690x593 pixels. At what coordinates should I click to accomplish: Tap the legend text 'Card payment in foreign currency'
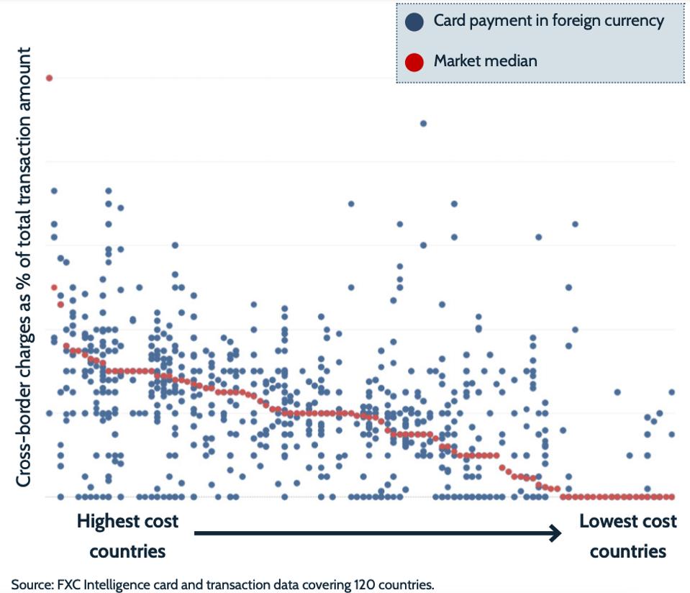(548, 21)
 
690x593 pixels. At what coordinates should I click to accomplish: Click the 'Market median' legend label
(485, 61)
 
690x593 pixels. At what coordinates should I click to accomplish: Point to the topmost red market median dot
(49, 78)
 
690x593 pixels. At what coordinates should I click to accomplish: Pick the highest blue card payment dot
(423, 123)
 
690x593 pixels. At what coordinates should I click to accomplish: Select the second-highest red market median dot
(54, 288)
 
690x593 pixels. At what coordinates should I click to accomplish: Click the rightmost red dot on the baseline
(671, 497)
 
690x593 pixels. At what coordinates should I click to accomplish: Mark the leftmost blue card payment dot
(49, 413)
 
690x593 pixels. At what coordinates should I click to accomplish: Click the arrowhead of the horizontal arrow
(555, 533)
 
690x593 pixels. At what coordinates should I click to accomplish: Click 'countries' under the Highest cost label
(128, 551)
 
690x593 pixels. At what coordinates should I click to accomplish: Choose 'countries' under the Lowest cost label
(627, 551)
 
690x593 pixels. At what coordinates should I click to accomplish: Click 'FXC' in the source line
(67, 584)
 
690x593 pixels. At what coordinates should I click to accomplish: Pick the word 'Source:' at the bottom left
(31, 584)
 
